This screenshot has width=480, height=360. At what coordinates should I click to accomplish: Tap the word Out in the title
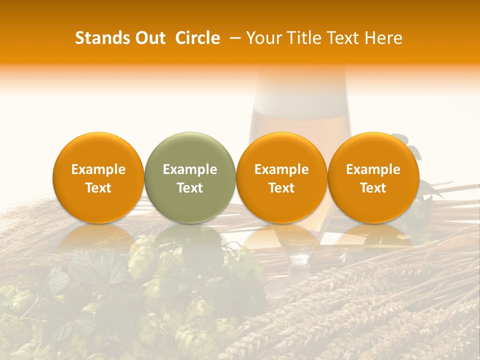[x=149, y=38]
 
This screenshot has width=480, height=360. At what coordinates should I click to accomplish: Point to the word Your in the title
[x=262, y=38]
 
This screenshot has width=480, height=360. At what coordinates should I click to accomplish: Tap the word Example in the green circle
[x=190, y=169]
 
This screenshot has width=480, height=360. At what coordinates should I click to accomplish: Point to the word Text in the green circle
[x=190, y=188]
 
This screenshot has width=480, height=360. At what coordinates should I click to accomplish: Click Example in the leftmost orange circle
[x=98, y=169]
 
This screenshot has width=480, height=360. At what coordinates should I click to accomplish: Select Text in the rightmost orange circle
[x=373, y=188]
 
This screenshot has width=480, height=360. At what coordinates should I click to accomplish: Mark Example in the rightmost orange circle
[x=373, y=169]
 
